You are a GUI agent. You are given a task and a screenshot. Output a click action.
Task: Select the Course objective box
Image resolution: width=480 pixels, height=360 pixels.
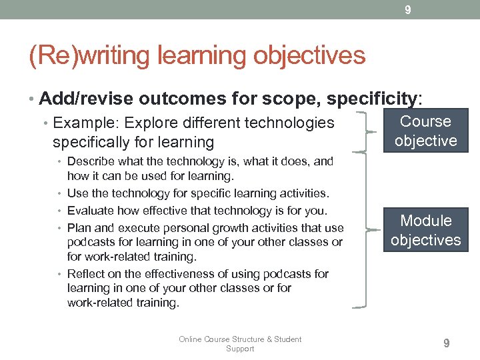[x=425, y=131]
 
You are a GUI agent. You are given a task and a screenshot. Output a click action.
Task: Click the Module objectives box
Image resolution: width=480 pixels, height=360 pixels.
[x=425, y=230]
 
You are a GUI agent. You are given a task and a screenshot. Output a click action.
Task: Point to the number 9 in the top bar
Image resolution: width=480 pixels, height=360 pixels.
[x=408, y=9]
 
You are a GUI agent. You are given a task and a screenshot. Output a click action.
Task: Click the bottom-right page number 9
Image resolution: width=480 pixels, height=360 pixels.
[x=447, y=343]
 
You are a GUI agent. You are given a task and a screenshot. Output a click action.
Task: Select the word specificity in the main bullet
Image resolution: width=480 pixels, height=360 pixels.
[x=371, y=99]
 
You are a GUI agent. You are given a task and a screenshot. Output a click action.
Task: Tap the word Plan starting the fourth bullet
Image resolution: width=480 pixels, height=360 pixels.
[x=79, y=227]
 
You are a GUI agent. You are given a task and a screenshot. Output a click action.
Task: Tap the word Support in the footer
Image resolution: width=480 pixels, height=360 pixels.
[x=240, y=349]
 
